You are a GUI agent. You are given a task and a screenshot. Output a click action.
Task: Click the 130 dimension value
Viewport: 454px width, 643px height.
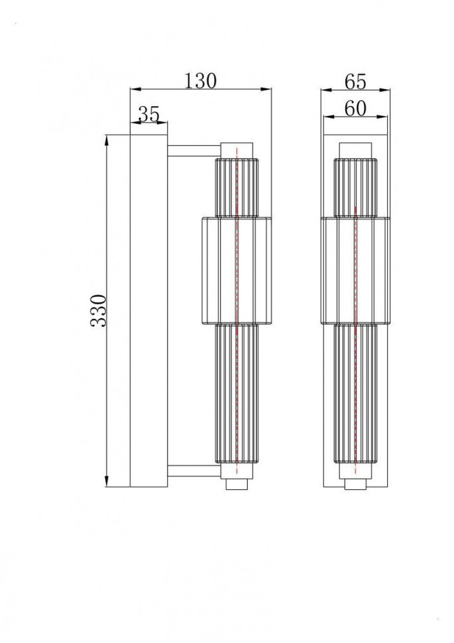(200, 80)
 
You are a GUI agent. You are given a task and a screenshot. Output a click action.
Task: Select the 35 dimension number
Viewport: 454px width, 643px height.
(149, 114)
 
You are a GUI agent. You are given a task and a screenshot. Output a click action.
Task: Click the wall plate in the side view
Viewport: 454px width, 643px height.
(148, 310)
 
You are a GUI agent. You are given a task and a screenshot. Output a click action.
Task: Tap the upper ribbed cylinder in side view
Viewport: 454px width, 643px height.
(237, 188)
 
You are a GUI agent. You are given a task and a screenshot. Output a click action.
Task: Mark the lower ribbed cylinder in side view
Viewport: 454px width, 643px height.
(237, 392)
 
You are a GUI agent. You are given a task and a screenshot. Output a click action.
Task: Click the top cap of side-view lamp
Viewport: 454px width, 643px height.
(237, 150)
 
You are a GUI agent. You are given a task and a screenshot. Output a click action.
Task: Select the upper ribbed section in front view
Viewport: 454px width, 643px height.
(356, 188)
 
